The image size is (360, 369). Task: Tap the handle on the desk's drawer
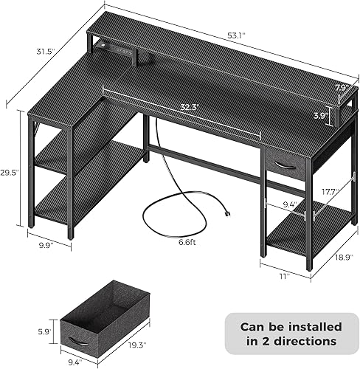click(283, 165)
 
